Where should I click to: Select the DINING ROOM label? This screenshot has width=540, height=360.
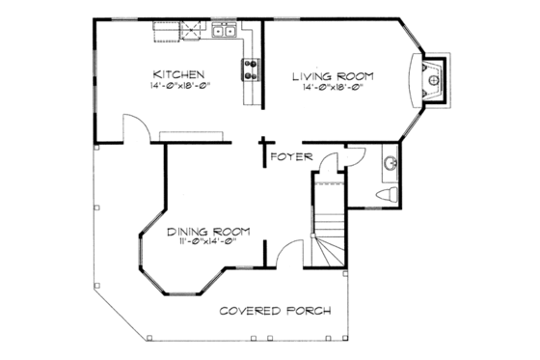click(x=208, y=231)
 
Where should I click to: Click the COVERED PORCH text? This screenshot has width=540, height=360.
click(x=275, y=311)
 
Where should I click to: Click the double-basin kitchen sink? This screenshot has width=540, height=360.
click(x=226, y=33)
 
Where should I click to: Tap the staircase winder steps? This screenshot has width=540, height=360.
click(x=331, y=246)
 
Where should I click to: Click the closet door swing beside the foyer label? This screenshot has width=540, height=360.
click(x=328, y=165)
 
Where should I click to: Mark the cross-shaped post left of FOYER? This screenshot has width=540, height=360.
click(x=262, y=152)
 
